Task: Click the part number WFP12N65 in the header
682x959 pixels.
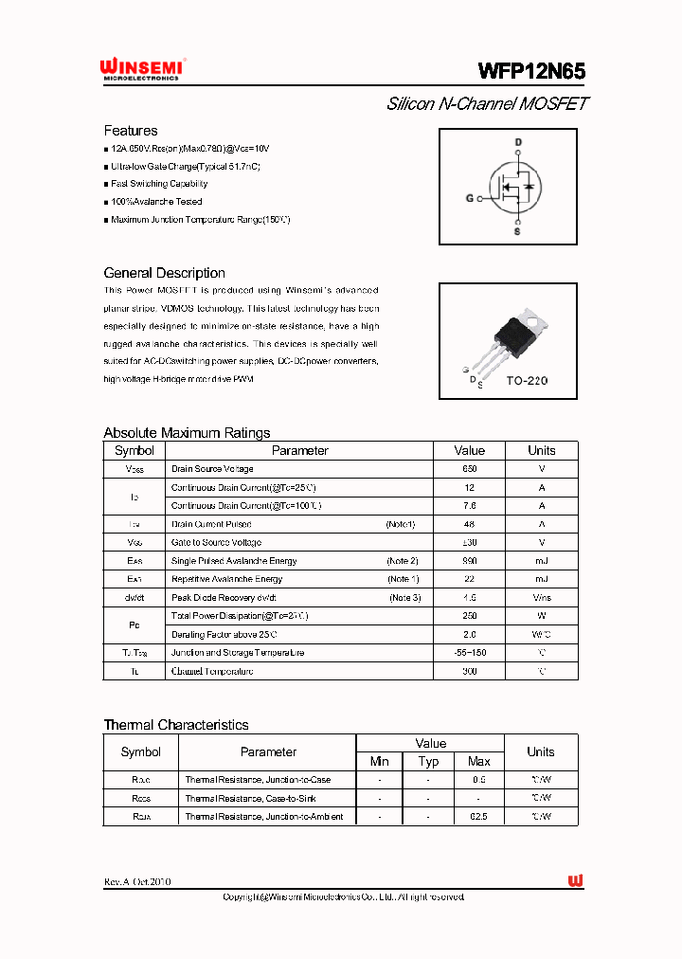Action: click(531, 71)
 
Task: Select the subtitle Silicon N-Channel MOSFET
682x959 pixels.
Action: click(487, 104)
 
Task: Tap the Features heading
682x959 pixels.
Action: click(131, 131)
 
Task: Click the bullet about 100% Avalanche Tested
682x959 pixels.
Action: click(156, 202)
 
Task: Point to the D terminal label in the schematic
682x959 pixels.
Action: click(517, 143)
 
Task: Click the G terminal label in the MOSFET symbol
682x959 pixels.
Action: click(469, 199)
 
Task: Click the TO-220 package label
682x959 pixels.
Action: click(527, 380)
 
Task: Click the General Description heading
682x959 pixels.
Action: click(164, 273)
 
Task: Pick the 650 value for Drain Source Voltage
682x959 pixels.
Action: click(469, 469)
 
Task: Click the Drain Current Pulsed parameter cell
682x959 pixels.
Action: click(211, 524)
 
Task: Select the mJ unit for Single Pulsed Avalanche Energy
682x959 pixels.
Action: click(541, 561)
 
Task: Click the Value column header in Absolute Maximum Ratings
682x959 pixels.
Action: click(469, 451)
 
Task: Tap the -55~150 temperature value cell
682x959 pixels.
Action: click(469, 653)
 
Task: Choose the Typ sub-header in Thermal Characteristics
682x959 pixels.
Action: click(428, 761)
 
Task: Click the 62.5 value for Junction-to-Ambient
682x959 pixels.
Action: click(479, 816)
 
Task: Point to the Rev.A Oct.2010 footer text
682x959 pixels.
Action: click(137, 881)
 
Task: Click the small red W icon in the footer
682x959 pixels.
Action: click(576, 881)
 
